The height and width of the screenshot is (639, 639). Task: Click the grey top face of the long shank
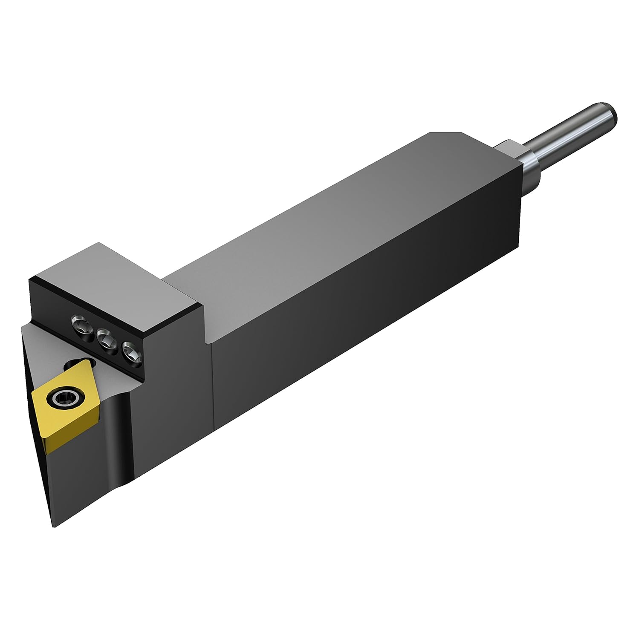pos(341,226)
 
